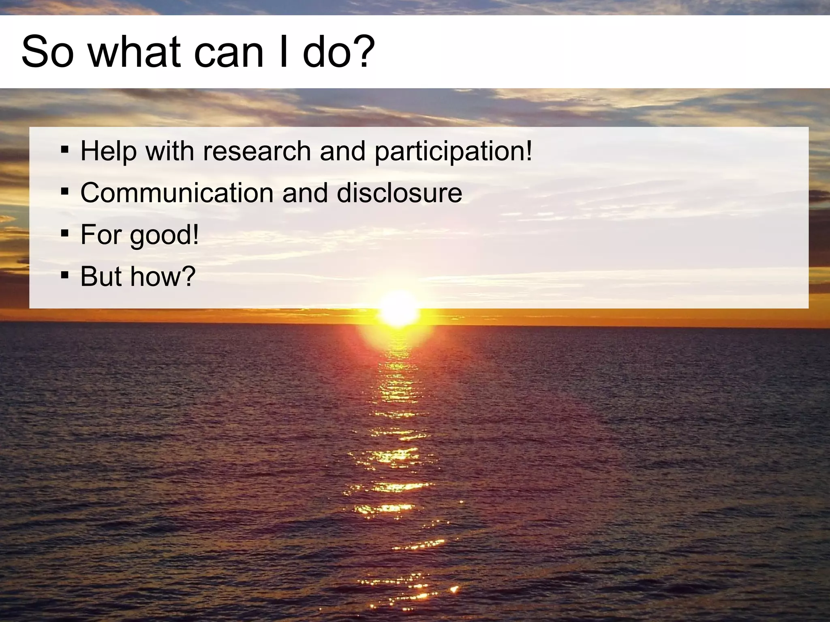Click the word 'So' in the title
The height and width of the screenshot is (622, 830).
coord(47,52)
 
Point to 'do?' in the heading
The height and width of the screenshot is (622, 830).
coord(339,52)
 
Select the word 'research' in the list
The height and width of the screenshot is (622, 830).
coord(257,151)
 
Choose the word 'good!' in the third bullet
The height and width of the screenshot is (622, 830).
coord(164,236)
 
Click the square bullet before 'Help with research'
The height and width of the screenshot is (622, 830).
coord(64,150)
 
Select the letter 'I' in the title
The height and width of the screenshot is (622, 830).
coord(283,52)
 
